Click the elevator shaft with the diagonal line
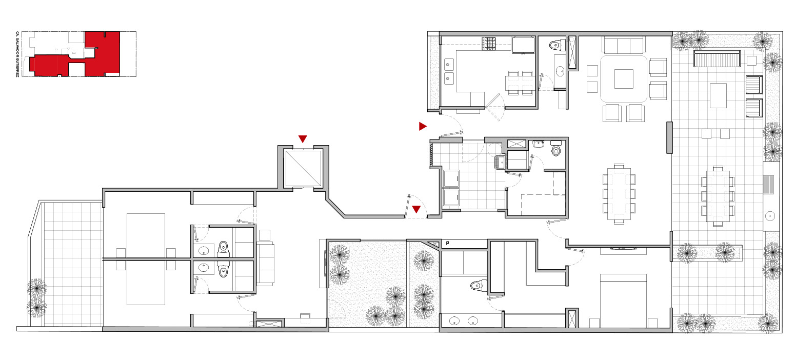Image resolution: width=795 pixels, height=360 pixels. (304, 168)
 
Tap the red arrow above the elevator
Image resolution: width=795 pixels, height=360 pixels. (303, 138)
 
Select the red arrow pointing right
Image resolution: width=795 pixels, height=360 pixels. (422, 126)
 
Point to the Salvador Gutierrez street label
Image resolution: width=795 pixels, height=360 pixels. (17, 54)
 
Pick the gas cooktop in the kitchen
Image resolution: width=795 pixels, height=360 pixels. (488, 44)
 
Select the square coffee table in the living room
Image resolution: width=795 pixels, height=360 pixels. (624, 79)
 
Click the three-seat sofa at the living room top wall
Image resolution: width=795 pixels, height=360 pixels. (623, 45)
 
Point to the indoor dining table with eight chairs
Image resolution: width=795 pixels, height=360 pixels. (619, 194)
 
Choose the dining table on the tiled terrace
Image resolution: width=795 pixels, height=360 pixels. (718, 196)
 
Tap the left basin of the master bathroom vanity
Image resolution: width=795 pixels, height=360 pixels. (454, 322)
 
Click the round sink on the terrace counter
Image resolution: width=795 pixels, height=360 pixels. (770, 216)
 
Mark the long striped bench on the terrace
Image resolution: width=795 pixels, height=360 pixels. (717, 58)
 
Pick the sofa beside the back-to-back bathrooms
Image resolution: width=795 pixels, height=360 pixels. (266, 264)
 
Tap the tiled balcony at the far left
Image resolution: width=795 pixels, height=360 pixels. (73, 264)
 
